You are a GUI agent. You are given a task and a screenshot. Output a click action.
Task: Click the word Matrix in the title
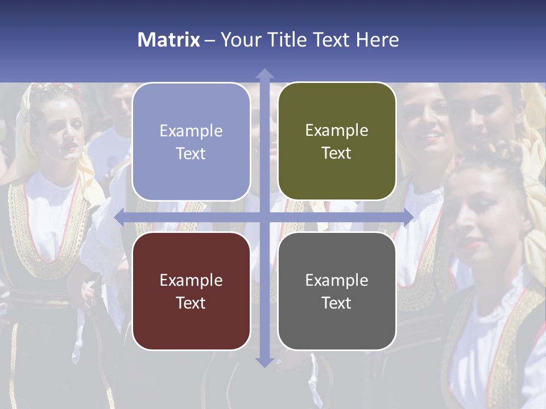[169, 40]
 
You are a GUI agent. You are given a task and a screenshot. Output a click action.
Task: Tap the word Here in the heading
[377, 40]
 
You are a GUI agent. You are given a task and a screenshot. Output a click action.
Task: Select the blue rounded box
[191, 142]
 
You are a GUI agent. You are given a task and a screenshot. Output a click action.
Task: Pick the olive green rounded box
[337, 141]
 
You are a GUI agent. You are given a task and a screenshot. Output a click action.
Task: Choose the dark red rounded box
[191, 291]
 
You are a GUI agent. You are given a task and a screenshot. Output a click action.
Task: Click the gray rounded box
[337, 291]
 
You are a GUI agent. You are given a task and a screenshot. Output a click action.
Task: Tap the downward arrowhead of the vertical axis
[264, 362]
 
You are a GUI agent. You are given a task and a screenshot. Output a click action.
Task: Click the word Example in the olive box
[337, 131]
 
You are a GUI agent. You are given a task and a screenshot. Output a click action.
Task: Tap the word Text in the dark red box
[191, 303]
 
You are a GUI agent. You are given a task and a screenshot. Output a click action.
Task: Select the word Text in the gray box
[337, 303]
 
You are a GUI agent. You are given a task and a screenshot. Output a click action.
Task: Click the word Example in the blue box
[191, 131]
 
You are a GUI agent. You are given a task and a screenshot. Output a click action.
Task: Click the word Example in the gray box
[337, 280]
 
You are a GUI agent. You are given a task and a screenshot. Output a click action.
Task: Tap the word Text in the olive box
[337, 153]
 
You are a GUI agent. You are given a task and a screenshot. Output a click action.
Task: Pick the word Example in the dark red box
[191, 280]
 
